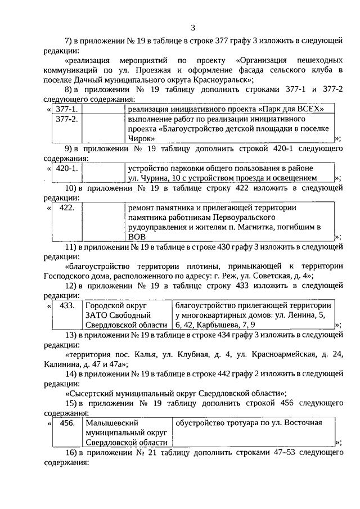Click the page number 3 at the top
tap(192, 28)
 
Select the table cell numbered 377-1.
tap(67, 109)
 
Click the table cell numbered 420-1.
tap(67, 168)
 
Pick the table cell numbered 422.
tap(66, 208)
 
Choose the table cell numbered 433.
tap(67, 305)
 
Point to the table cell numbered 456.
tap(67, 423)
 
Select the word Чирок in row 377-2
tap(141, 138)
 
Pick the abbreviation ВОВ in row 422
tap(137, 237)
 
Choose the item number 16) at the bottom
tap(72, 453)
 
